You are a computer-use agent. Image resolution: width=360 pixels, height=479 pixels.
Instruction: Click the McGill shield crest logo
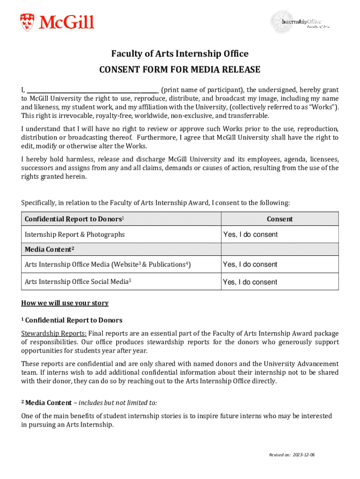click(x=27, y=22)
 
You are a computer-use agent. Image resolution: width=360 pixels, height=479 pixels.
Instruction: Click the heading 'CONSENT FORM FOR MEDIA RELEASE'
click(x=180, y=70)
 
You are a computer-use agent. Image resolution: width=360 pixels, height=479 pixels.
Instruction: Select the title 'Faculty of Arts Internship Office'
click(x=180, y=54)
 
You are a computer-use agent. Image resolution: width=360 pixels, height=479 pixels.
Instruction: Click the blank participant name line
click(x=93, y=90)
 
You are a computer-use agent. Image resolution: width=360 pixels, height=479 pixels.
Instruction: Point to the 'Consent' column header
click(x=280, y=219)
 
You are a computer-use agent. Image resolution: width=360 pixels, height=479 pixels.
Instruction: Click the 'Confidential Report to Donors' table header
click(x=74, y=219)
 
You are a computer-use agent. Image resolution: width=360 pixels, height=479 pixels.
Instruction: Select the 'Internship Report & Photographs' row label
click(x=75, y=234)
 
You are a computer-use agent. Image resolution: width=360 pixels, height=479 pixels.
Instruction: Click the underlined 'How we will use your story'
click(x=65, y=303)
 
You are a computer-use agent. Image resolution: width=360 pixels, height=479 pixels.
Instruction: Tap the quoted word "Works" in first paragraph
click(x=324, y=107)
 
